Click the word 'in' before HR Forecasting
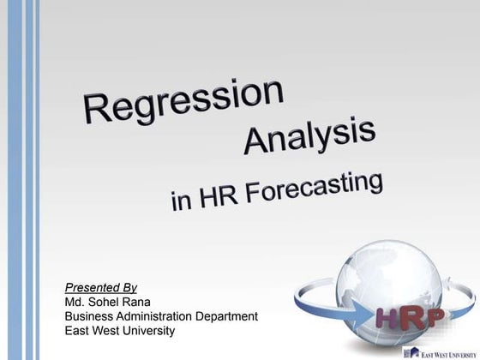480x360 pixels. click(x=181, y=202)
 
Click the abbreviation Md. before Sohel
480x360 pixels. click(x=75, y=303)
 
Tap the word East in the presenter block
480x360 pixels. click(x=78, y=330)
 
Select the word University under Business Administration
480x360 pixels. click(x=146, y=330)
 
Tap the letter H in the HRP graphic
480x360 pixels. click(x=388, y=318)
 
